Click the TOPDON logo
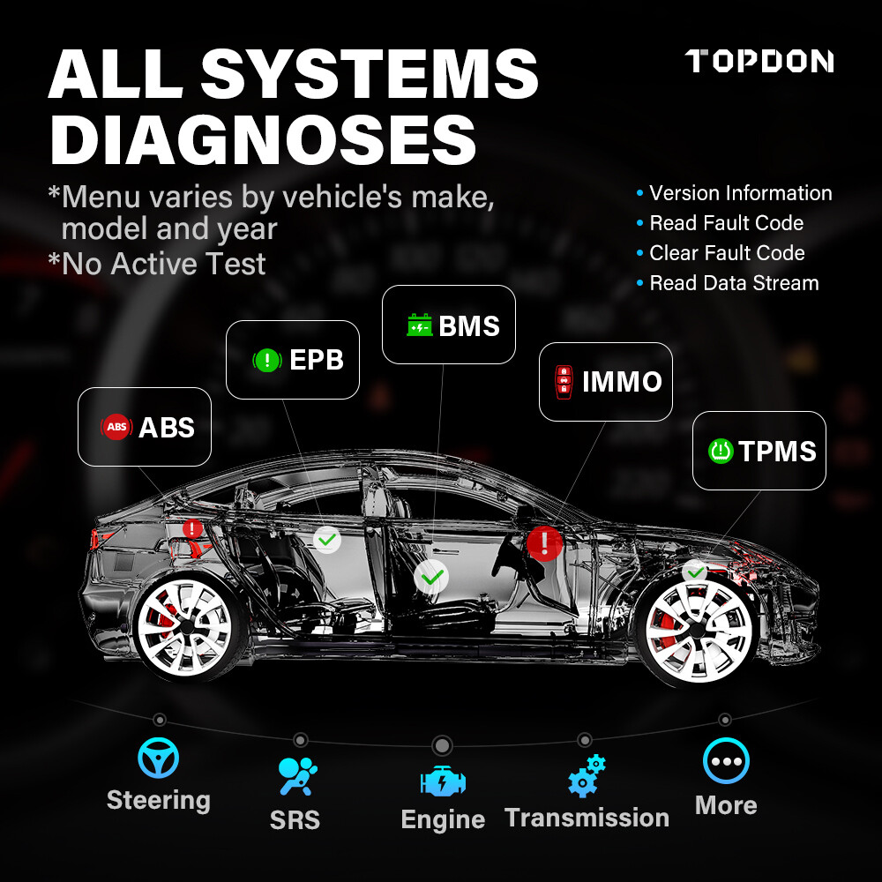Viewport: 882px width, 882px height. [x=759, y=61]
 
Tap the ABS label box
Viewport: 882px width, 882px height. [x=145, y=427]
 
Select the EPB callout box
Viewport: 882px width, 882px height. [x=293, y=360]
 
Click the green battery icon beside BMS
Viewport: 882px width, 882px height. [x=419, y=325]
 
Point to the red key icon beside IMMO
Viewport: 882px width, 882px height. [x=562, y=382]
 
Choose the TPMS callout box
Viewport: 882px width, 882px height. [x=759, y=451]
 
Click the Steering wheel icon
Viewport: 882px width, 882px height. [x=159, y=759]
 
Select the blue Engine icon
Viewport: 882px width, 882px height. [x=443, y=781]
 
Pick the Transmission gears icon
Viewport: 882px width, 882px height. [x=587, y=776]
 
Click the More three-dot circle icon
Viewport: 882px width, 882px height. [x=726, y=761]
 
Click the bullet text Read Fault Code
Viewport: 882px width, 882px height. [x=726, y=223]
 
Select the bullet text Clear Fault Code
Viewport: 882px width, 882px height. [x=727, y=253]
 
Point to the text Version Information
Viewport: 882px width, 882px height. [x=740, y=193]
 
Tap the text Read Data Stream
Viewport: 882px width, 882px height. [x=734, y=283]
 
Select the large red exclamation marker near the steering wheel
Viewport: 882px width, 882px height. [x=545, y=542]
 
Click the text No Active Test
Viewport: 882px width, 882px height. [x=163, y=264]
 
